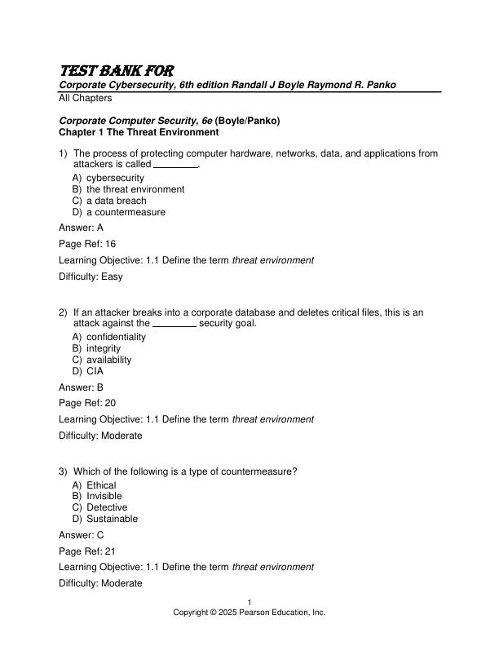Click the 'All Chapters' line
(86, 98)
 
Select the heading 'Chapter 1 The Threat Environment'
(139, 132)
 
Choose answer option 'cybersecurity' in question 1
(115, 178)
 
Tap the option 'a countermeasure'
(126, 212)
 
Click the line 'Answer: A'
(82, 228)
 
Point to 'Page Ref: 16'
(87, 244)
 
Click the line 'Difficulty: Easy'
(91, 277)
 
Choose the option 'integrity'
(104, 348)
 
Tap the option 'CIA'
(95, 371)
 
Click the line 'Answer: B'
(82, 387)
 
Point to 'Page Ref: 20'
(87, 403)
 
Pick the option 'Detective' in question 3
(107, 507)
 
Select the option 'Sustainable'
(112, 519)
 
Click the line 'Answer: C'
(82, 535)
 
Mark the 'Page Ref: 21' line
(87, 551)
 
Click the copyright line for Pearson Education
(249, 612)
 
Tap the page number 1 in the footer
(249, 603)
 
